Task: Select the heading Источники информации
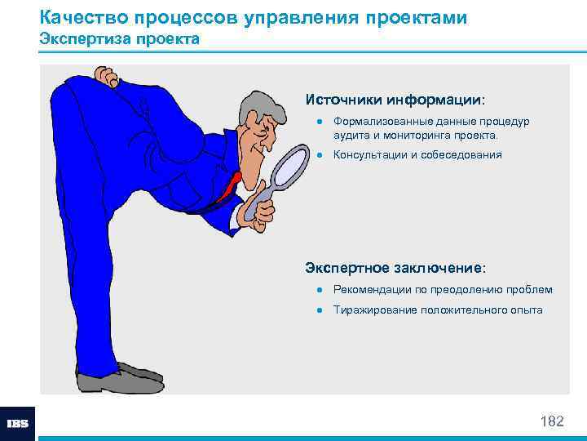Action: pos(395,100)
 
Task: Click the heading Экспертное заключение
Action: pos(395,267)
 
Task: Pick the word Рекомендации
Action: pos(370,290)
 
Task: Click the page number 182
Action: pos(552,421)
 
